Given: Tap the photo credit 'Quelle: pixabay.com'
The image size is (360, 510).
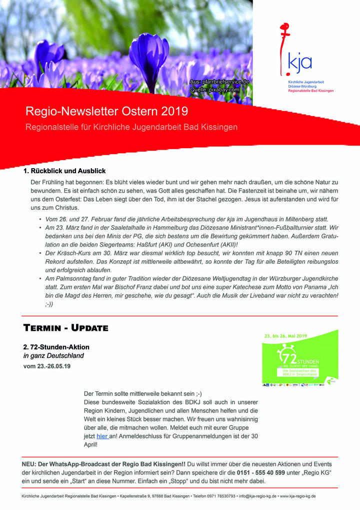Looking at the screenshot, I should coord(214,90).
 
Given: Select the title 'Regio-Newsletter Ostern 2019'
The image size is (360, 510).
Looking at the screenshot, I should coord(106,111).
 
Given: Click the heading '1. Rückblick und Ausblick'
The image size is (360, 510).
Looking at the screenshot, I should coord(64,171).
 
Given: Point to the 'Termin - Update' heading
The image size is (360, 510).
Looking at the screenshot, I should coord(65,328).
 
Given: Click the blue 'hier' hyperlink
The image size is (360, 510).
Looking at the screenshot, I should coord(102,436).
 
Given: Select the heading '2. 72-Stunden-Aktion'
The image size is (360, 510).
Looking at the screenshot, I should coord(56,347).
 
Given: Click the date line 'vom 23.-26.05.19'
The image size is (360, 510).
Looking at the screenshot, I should coord(47,366).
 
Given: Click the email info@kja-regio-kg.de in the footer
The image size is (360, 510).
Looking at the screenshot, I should coord(257,496).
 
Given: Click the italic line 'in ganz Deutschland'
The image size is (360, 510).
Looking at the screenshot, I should coord(53,356).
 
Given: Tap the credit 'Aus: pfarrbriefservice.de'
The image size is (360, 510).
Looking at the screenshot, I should coord(219,82).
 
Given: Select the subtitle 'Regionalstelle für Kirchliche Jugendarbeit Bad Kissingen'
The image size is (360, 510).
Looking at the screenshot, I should coord(131,127).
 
